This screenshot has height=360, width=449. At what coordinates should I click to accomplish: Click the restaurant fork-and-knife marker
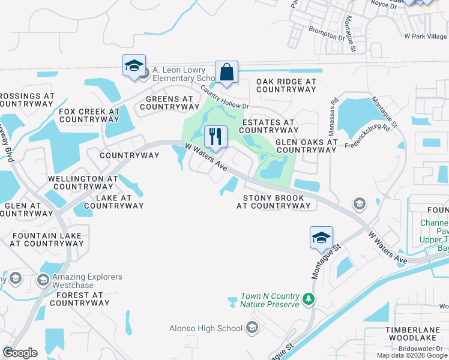pyautogui.click(x=215, y=137)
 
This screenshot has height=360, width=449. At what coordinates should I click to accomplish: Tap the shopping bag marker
pyautogui.click(x=227, y=73)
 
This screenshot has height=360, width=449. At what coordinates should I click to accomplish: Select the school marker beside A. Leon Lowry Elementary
pyautogui.click(x=134, y=66)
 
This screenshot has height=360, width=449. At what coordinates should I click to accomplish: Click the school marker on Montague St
pyautogui.click(x=321, y=238)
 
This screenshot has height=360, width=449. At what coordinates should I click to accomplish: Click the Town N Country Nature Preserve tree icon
pyautogui.click(x=308, y=298)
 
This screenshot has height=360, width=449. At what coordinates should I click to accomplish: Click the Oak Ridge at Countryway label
pyautogui.click(x=286, y=85)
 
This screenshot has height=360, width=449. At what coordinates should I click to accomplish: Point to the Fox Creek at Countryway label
pyautogui.click(x=89, y=115)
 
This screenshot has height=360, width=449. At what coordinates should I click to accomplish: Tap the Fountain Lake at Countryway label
pyautogui.click(x=46, y=239)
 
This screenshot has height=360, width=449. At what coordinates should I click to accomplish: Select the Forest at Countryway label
pyautogui.click(x=80, y=299)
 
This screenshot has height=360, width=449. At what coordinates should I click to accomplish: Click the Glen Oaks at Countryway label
pyautogui.click(x=306, y=146)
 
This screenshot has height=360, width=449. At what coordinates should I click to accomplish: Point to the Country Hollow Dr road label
pyautogui.click(x=224, y=96)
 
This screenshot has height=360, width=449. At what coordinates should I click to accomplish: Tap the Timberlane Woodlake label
pyautogui.click(x=414, y=334)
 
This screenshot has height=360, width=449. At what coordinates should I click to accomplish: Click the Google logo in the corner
pyautogui.click(x=20, y=353)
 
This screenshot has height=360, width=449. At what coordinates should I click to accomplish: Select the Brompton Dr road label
pyautogui.click(x=327, y=33)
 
